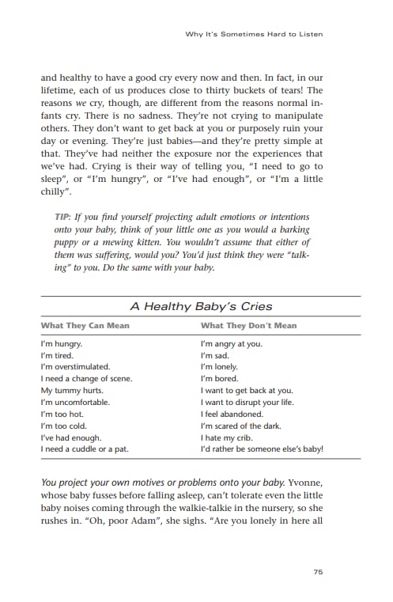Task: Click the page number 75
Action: (x=317, y=573)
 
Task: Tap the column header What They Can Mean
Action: (x=85, y=325)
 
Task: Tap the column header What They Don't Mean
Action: (x=248, y=325)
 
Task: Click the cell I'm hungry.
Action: (x=62, y=344)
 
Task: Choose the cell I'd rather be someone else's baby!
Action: (x=262, y=449)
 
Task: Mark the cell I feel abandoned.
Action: (x=232, y=414)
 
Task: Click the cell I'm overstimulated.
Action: (x=75, y=367)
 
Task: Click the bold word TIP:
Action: (x=64, y=217)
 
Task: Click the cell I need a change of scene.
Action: (x=86, y=379)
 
